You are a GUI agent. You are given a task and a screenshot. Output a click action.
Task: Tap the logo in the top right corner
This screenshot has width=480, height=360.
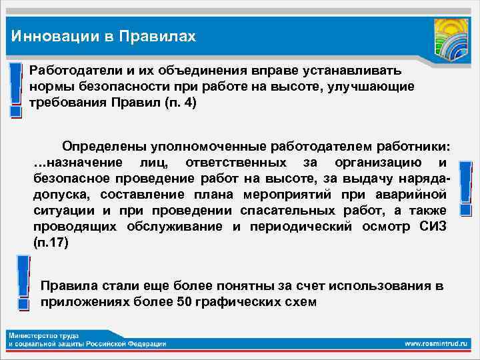450,39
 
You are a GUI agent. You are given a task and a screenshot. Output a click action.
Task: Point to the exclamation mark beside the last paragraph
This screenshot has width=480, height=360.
23,285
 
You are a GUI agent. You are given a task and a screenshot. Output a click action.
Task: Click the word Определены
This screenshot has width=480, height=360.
100,145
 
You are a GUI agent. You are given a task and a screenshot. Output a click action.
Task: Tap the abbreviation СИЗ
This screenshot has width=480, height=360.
433,226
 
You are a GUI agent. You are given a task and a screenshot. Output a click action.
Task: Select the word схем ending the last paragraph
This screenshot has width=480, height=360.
303,301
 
